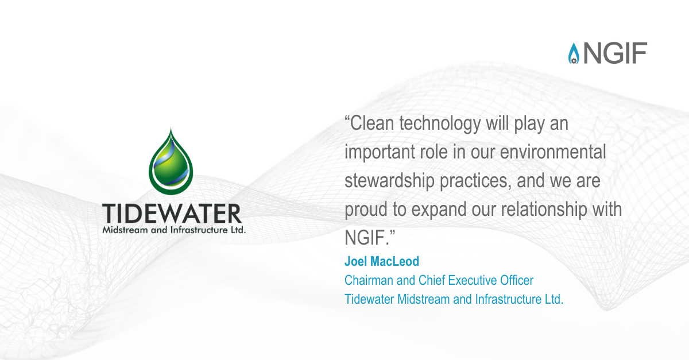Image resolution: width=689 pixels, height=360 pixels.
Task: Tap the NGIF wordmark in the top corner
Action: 615,53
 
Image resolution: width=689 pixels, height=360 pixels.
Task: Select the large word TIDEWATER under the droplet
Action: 172,213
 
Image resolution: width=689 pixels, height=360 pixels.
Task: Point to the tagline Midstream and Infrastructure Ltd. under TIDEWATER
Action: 174,230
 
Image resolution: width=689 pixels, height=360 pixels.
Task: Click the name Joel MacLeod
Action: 382,261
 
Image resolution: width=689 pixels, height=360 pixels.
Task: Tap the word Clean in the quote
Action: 372,123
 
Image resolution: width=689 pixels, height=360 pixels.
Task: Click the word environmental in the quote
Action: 553,152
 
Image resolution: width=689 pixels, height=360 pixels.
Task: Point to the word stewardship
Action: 389,181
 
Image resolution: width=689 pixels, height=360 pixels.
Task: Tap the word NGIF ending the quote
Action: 365,238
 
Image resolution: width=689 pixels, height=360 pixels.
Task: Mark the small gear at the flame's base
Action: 574,61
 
